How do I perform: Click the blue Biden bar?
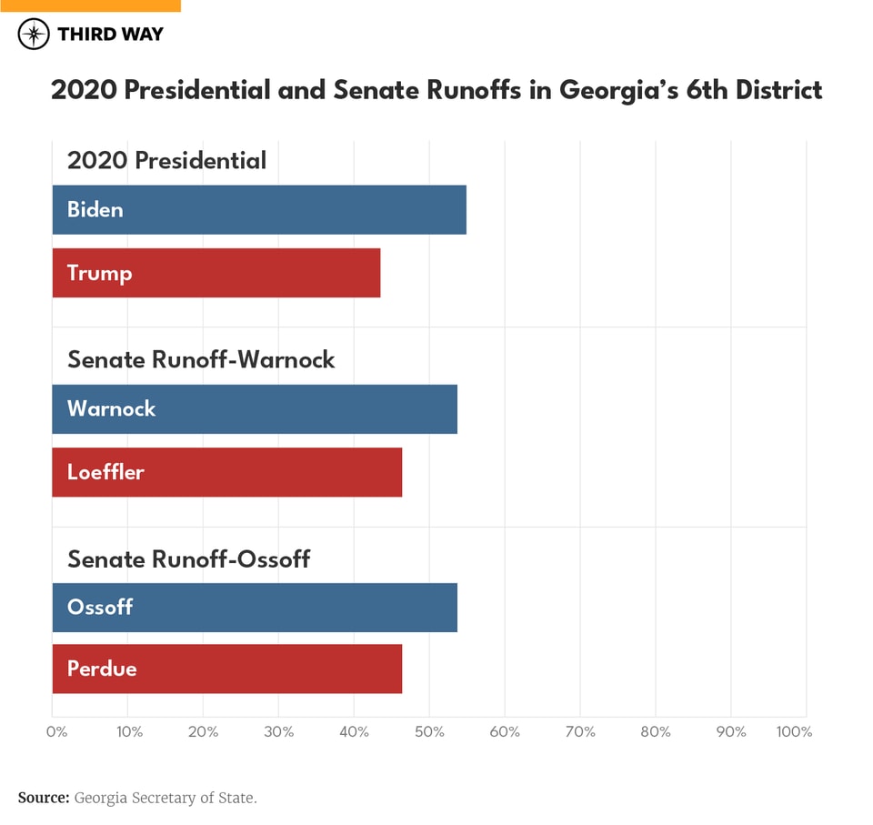pyautogui.click(x=259, y=210)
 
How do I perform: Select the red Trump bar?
pyautogui.click(x=216, y=273)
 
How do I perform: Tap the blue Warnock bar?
pyautogui.click(x=255, y=409)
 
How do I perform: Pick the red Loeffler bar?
pyautogui.click(x=227, y=472)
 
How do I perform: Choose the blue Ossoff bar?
pyautogui.click(x=255, y=608)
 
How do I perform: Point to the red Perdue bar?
pyautogui.click(x=227, y=669)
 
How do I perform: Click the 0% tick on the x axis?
pyautogui.click(x=55, y=732)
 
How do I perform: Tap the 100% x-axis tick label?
pyautogui.click(x=794, y=732)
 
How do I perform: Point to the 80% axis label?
pyautogui.click(x=656, y=732)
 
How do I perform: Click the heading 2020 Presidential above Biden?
pyautogui.click(x=166, y=161)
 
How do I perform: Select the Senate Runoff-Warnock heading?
pyautogui.click(x=201, y=359)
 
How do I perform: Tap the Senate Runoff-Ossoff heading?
pyautogui.click(x=188, y=558)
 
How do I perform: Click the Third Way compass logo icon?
pyautogui.click(x=34, y=35)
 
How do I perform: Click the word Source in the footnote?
pyautogui.click(x=43, y=798)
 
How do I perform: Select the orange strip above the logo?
pyautogui.click(x=90, y=5)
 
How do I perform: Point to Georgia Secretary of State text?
pyautogui.click(x=166, y=798)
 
